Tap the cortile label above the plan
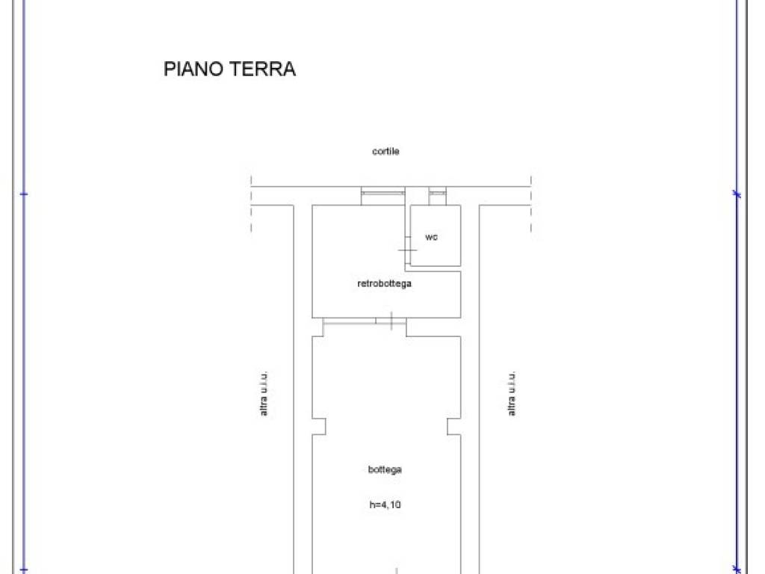[x=385, y=151]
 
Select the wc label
[x=431, y=237]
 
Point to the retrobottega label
[x=385, y=283]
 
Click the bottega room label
[x=385, y=469]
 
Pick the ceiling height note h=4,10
[x=385, y=504]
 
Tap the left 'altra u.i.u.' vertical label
[x=264, y=393]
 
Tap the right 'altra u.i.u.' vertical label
[x=511, y=393]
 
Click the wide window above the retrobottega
[x=383, y=194]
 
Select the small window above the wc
[x=438, y=194]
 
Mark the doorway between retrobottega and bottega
[x=365, y=321]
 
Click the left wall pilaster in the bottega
[x=319, y=426]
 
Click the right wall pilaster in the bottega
[x=454, y=426]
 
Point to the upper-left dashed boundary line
[x=251, y=204]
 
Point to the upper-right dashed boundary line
[x=531, y=204]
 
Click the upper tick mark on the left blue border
[x=24, y=194]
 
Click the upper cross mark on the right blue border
[x=737, y=194]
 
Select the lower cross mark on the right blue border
[x=737, y=569]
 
